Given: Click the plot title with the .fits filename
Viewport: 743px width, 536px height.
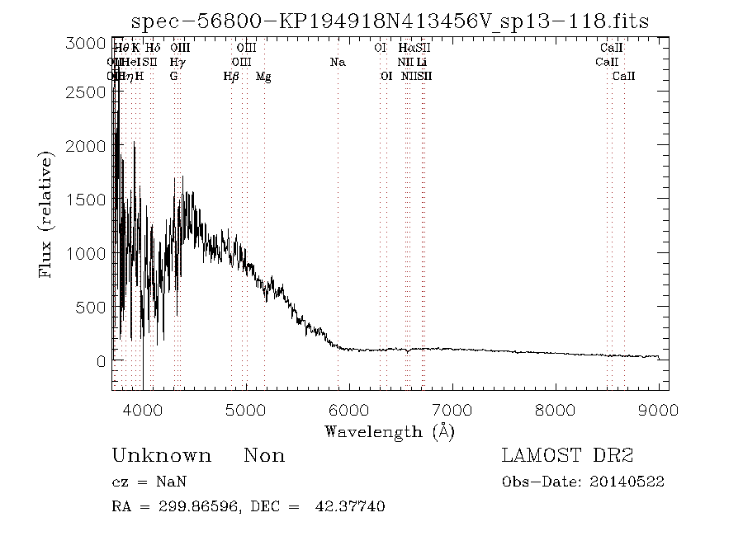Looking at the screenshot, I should [x=390, y=21].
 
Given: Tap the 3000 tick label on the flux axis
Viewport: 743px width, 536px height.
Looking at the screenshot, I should [x=85, y=43].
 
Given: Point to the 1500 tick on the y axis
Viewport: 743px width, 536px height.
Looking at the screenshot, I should [x=85, y=200].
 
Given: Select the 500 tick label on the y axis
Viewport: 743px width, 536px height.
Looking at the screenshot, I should [x=91, y=308].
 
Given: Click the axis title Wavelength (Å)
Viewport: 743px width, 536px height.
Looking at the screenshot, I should [x=390, y=430].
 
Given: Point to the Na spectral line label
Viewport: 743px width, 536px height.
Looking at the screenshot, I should [x=338, y=63].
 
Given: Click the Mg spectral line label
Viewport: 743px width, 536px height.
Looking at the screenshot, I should [x=263, y=77].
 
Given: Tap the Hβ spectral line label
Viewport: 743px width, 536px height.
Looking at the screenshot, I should [x=231, y=77].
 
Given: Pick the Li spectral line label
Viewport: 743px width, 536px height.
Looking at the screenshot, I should [x=422, y=63].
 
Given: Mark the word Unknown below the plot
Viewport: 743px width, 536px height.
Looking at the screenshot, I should [x=161, y=456].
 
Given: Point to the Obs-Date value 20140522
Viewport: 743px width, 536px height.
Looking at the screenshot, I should [x=630, y=482].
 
